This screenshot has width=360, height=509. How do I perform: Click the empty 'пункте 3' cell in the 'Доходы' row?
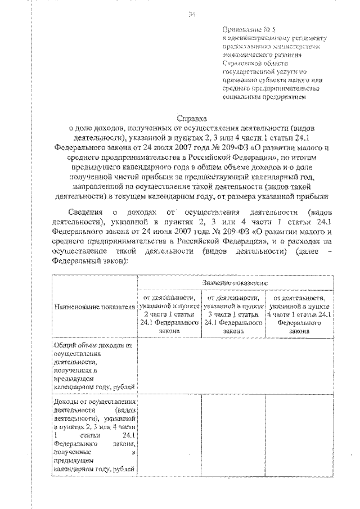tap(233, 435)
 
